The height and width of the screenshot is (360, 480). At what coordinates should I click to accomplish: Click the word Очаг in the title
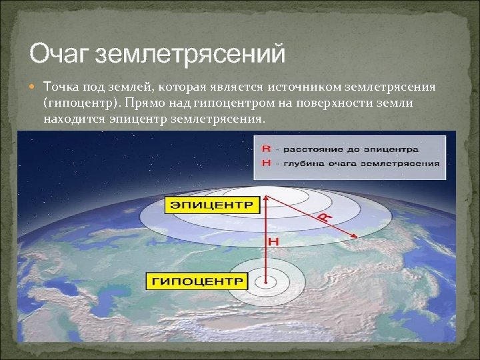pyautogui.click(x=61, y=53)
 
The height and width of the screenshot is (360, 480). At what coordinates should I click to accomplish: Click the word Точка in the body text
pyautogui.click(x=61, y=87)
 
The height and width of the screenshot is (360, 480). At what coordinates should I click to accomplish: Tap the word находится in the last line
pyautogui.click(x=72, y=120)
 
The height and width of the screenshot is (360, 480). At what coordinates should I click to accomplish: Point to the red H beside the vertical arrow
pyautogui.click(x=271, y=240)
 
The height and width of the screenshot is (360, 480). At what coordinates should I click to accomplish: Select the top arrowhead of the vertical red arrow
pyautogui.click(x=267, y=197)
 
